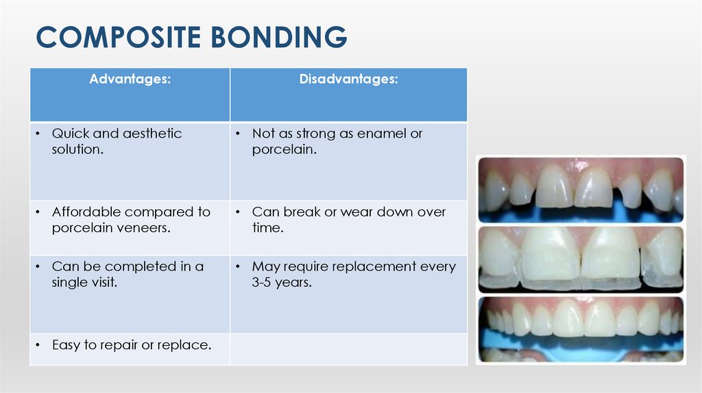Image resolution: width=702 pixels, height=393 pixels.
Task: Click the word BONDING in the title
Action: (278, 37)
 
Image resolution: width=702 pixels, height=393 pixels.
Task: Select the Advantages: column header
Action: (130, 79)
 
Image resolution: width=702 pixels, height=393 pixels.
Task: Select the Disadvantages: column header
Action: (348, 79)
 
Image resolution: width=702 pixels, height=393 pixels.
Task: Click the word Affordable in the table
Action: (86, 212)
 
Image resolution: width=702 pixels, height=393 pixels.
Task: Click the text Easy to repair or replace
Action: (131, 345)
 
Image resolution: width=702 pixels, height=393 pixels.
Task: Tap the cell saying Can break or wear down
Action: (348, 220)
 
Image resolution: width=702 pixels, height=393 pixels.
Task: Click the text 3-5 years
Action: (282, 282)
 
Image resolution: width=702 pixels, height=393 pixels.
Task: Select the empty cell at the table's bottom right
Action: (348, 348)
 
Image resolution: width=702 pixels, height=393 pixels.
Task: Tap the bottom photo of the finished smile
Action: (581, 327)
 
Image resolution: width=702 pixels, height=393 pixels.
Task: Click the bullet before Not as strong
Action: (237, 134)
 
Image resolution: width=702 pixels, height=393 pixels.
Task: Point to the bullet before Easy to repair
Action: (36, 345)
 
